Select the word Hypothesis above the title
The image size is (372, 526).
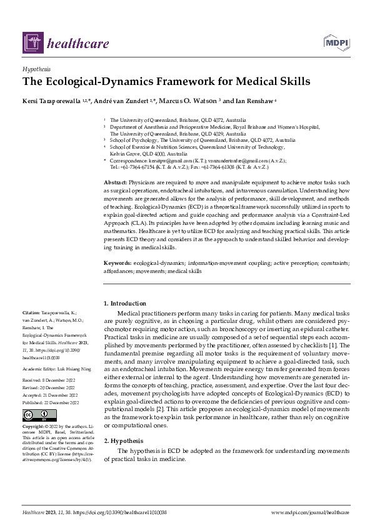tap(36, 69)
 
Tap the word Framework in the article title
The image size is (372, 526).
tap(174, 81)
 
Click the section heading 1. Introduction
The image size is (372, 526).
tap(125, 304)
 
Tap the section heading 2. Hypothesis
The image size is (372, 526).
tap(124, 440)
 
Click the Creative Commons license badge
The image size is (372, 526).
tap(36, 415)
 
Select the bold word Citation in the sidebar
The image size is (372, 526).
tap(31, 311)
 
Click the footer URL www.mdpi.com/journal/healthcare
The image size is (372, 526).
tap(310, 512)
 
